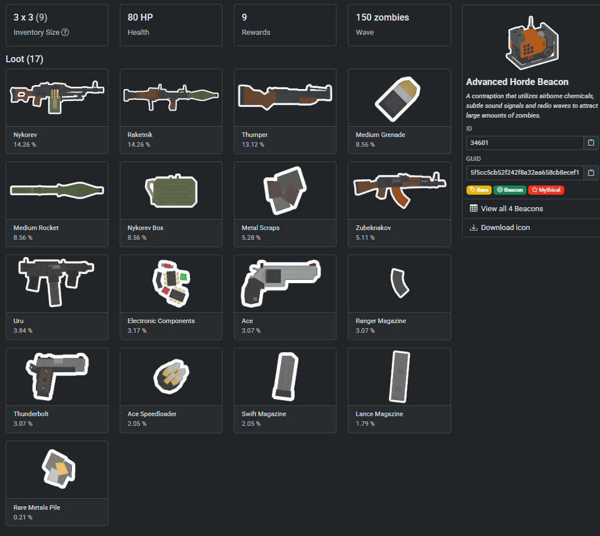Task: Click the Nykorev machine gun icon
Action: [x=56, y=94]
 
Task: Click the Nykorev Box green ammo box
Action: [x=171, y=191]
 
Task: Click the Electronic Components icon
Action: [x=171, y=283]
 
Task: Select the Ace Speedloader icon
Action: [x=171, y=376]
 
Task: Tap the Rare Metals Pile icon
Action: [x=59, y=469]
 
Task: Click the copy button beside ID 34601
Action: [x=591, y=143]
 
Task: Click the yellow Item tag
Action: [x=479, y=190]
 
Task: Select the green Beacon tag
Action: [x=510, y=190]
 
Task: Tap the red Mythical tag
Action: [x=546, y=190]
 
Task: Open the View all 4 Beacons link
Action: [x=512, y=208]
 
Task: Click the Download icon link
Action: [x=505, y=227]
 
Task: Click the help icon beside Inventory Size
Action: [x=65, y=33]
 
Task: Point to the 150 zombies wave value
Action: [x=382, y=18]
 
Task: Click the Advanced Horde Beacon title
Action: [x=517, y=82]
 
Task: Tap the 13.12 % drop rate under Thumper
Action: [x=253, y=144]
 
